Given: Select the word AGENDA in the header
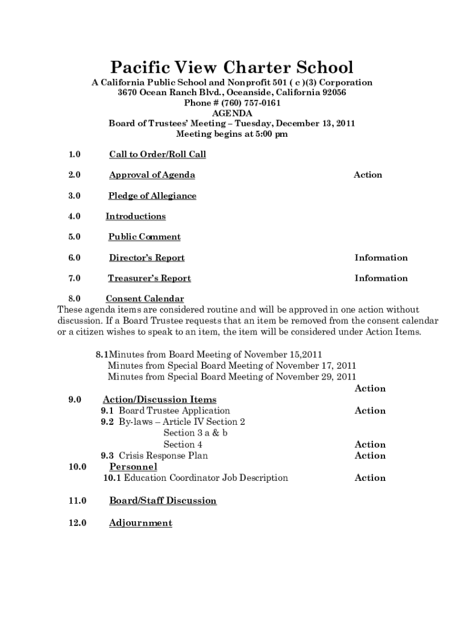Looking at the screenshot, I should click(x=232, y=113).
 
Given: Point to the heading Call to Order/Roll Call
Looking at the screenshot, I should click(x=157, y=154).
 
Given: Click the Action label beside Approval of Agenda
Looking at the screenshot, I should click(x=368, y=175).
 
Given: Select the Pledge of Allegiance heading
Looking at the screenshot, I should click(x=152, y=196).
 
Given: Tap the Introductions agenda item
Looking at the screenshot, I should click(x=136, y=216).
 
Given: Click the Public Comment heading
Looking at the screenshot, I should click(x=145, y=237).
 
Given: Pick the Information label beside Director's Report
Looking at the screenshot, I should click(x=381, y=258).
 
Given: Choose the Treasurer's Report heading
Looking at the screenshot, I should click(x=149, y=278).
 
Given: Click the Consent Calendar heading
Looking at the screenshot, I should click(x=145, y=299).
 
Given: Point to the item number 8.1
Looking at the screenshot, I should click(x=101, y=354).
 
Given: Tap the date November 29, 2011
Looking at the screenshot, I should click(x=316, y=377).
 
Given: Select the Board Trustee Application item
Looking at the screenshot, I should click(x=174, y=411).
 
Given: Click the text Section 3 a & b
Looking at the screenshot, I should click(x=195, y=433).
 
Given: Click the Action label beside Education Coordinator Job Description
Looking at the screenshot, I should click(x=370, y=478).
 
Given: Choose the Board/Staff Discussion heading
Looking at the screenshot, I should click(x=163, y=501).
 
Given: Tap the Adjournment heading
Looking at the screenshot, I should click(x=140, y=523).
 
